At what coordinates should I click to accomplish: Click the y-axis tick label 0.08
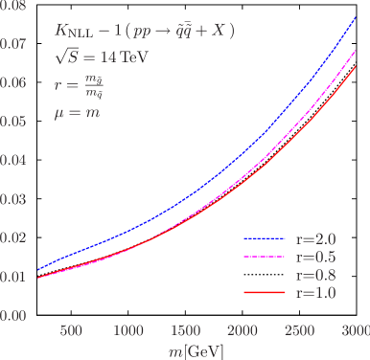pyautogui.click(x=14, y=7)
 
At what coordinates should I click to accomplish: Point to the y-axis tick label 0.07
pyautogui.click(x=14, y=45)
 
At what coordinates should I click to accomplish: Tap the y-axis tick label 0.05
pyautogui.click(x=14, y=123)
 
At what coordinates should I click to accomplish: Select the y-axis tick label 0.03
pyautogui.click(x=14, y=199)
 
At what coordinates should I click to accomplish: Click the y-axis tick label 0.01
pyautogui.click(x=14, y=277)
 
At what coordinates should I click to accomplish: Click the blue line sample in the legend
pyautogui.click(x=266, y=238)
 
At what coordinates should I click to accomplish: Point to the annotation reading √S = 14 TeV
pyautogui.click(x=94, y=56)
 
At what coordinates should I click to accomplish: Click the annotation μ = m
pyautogui.click(x=78, y=113)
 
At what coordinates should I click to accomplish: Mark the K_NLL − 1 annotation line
pyautogui.click(x=144, y=31)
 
